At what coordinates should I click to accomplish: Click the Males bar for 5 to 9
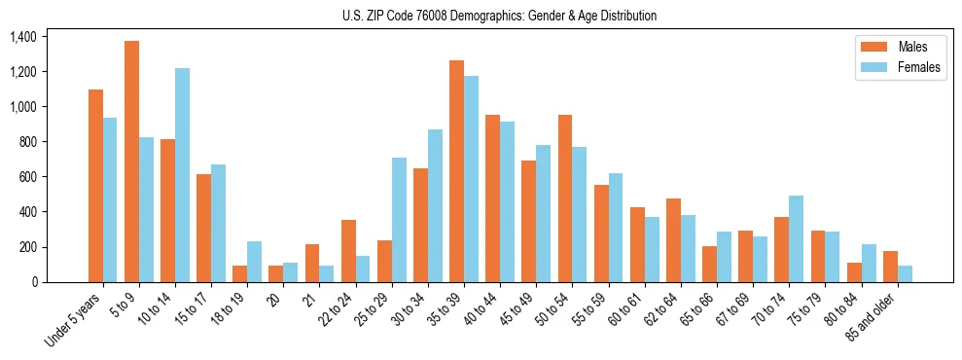(x=131, y=162)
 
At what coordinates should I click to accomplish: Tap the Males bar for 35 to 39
(x=456, y=171)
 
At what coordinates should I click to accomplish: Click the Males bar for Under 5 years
(x=95, y=186)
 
